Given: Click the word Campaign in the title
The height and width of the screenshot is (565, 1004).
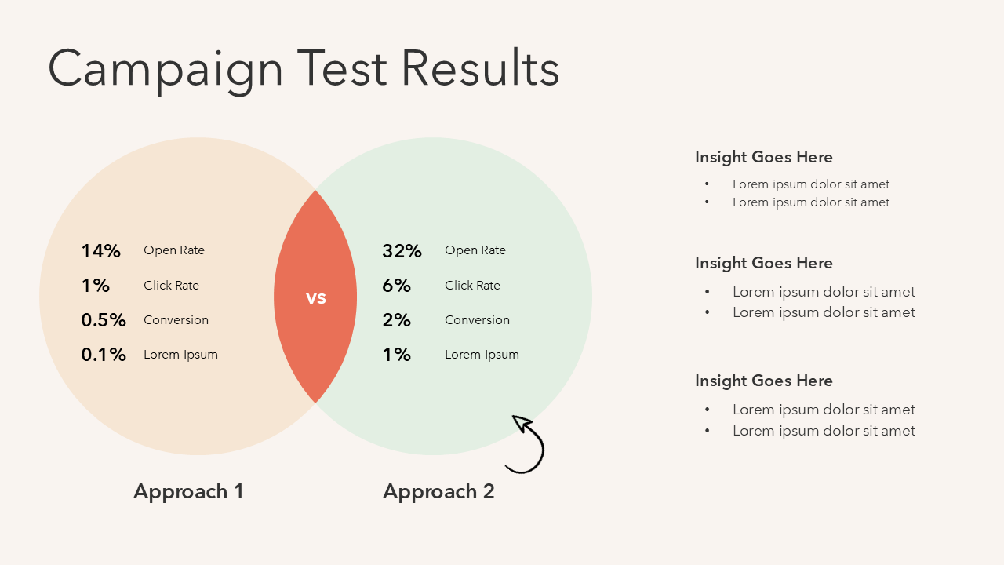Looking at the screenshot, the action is tap(166, 71).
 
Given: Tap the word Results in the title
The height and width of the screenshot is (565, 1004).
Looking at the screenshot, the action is tap(480, 67).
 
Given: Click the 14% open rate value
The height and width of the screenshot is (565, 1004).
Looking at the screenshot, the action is tap(101, 250).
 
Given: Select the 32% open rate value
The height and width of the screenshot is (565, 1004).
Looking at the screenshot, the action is tap(402, 250).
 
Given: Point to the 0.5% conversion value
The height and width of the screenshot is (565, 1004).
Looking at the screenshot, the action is tap(104, 320).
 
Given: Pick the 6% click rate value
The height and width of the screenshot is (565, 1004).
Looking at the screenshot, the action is tap(396, 286).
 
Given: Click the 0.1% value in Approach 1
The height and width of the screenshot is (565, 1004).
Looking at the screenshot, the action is tap(104, 355).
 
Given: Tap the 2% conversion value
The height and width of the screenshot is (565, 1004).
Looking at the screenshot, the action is tap(396, 320).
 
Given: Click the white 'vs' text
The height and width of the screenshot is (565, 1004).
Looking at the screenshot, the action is tap(316, 298).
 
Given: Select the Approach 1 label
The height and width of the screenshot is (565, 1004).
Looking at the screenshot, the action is tap(188, 492).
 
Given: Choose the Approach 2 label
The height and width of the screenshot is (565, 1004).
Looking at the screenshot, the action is tap(438, 492).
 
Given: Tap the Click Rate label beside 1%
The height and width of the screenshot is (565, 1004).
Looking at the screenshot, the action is tap(171, 286).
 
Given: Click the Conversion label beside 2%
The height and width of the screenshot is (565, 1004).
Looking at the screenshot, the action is tap(477, 320).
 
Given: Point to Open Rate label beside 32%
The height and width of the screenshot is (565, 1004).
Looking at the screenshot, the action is tap(475, 250).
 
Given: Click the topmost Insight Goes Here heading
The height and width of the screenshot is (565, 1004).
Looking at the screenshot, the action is tap(764, 158).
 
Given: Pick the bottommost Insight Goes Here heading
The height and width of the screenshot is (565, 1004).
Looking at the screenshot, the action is tap(764, 381).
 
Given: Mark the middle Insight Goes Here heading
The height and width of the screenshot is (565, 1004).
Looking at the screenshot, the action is tap(764, 263).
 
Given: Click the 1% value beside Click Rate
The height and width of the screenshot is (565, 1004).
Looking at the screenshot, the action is tap(96, 286).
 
